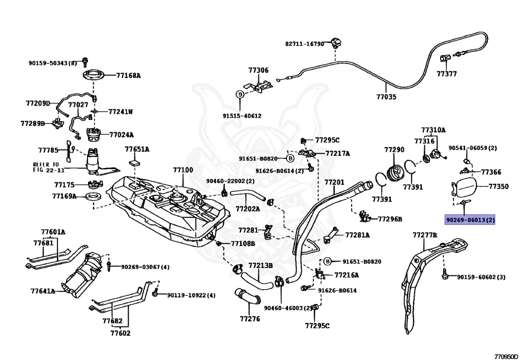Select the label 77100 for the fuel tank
(183, 170)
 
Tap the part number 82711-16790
(304, 44)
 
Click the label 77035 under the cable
(386, 97)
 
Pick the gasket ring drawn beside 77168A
(95, 76)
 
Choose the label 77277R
(425, 235)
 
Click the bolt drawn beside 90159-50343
(85, 61)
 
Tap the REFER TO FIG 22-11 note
(46, 167)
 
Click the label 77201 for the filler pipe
(334, 182)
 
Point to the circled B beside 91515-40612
(240, 94)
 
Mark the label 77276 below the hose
(250, 319)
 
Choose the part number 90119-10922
(186, 295)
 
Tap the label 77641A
(43, 291)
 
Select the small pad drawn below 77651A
(135, 163)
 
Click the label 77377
(447, 74)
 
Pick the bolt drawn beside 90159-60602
(445, 275)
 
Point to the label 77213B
(260, 266)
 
